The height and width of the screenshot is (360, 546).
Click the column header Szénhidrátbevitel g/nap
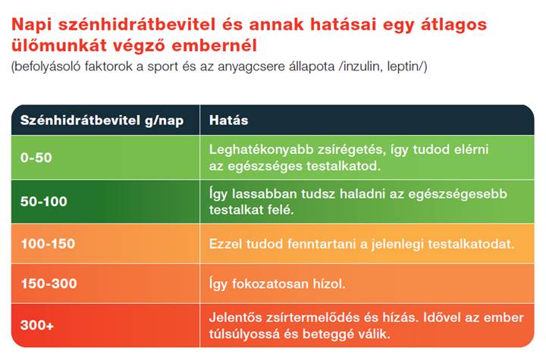coord(102,121)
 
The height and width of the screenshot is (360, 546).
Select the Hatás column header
coord(228,121)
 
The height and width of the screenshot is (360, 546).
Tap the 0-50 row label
coord(36,158)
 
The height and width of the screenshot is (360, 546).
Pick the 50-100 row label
coord(43,201)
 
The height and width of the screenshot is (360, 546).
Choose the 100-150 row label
coord(48,244)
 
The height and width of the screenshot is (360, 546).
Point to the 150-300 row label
coord(48,284)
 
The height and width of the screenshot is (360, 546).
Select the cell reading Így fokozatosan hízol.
coord(277,284)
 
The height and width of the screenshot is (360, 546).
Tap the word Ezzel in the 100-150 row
coord(226,244)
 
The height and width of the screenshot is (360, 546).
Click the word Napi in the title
coord(31,24)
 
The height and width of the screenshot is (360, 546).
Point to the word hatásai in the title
coord(340,24)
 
